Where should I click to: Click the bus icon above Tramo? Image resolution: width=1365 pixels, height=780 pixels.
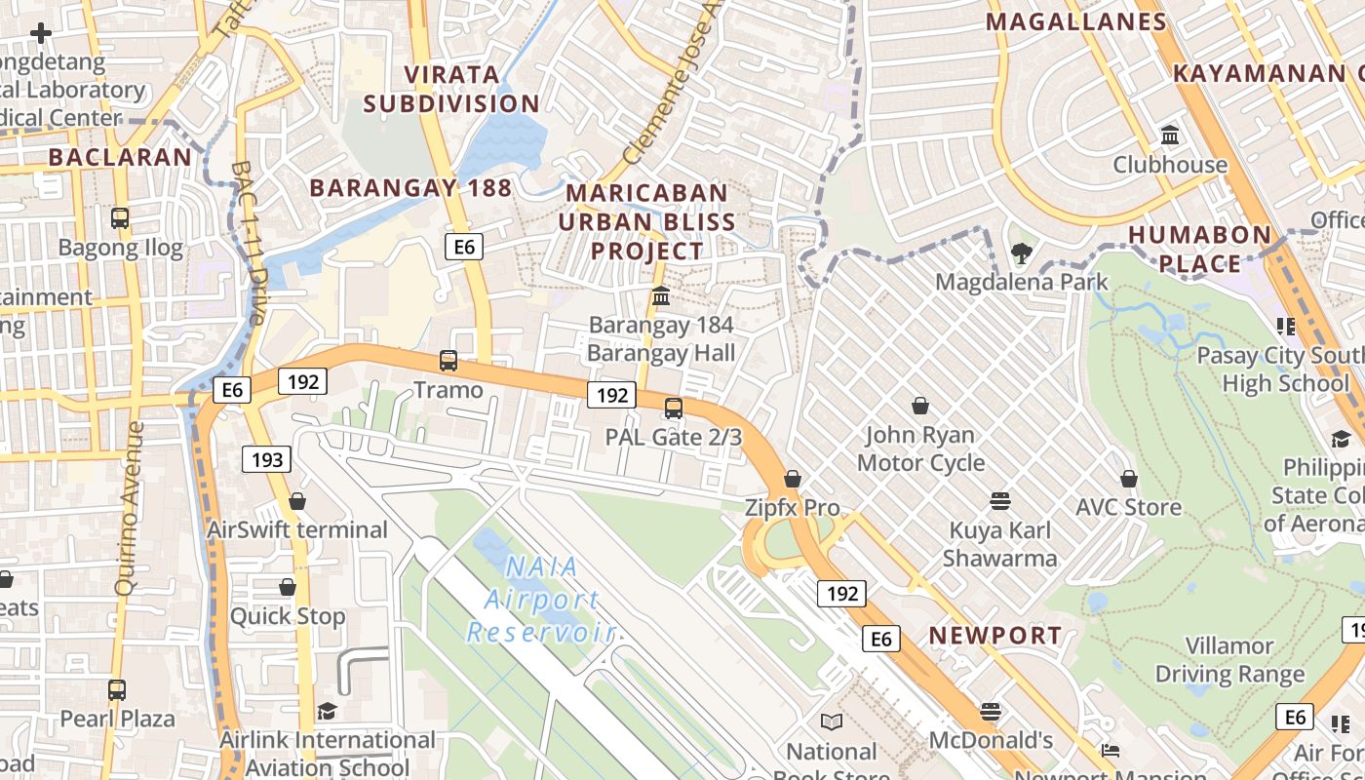pos(448,361)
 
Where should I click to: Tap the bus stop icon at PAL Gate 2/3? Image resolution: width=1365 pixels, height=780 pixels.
pos(674,409)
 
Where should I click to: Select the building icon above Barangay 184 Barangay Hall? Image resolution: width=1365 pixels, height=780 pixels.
pos(661,295)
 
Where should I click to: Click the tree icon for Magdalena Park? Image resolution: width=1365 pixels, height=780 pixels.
pos(1021,254)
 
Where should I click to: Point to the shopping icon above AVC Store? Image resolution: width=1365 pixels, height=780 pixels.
pos(1129,479)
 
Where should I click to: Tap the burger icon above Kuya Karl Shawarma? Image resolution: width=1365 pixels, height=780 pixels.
pos(999,501)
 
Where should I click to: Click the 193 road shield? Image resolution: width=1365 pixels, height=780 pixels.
pos(267,459)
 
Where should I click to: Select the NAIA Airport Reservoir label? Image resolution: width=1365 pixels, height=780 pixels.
pos(541,599)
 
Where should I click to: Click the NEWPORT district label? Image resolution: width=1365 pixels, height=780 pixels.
pos(994,636)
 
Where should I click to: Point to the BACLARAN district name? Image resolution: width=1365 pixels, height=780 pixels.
pos(120,157)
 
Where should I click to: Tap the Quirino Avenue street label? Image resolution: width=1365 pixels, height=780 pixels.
pos(131,507)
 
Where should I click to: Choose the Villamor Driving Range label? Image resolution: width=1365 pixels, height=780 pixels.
pos(1229,660)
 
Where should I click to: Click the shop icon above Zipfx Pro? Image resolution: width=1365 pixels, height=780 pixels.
pos(793,479)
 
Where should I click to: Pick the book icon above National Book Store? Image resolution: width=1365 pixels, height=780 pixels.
pos(831,721)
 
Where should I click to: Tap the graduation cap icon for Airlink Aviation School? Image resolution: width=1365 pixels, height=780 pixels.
pos(327,712)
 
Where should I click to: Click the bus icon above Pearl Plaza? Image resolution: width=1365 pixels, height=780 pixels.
pos(117,690)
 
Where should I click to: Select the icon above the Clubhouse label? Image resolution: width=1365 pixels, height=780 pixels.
pos(1170,135)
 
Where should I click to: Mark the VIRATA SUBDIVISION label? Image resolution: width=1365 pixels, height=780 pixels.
pos(451,89)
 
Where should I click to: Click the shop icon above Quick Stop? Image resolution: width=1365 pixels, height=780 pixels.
pos(288,587)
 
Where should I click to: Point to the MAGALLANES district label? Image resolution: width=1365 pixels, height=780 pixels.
pos(1076,22)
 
